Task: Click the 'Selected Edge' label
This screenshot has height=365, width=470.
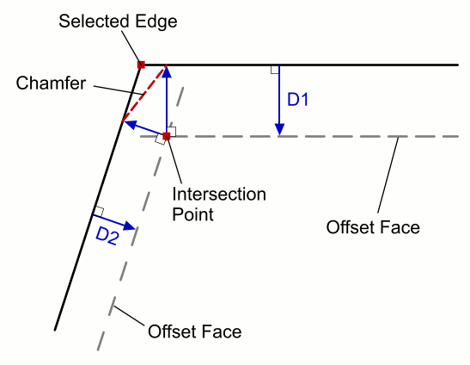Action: [x=118, y=22]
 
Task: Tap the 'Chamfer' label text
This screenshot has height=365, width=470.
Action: [x=51, y=83]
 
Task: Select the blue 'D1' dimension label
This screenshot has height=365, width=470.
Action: [x=297, y=100]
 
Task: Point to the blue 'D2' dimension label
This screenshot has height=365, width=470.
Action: [x=107, y=236]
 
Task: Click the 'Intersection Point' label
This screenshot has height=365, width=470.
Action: [x=219, y=204]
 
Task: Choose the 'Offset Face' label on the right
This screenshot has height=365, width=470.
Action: [x=373, y=227]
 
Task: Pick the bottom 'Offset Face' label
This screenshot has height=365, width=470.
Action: [x=195, y=331]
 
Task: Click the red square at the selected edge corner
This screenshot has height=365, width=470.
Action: [x=141, y=65]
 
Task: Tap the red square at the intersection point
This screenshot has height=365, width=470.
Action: [x=167, y=136]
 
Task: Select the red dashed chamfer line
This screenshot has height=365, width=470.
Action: [x=144, y=93]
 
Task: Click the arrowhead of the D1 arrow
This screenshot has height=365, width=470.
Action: [x=279, y=129]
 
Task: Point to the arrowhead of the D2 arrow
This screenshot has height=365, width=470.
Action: [x=130, y=226]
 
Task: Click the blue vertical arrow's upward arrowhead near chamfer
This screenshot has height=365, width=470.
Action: [x=167, y=71]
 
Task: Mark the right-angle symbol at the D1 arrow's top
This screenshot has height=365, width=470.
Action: [x=275, y=70]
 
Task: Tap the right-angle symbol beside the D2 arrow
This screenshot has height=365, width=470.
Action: [x=100, y=212]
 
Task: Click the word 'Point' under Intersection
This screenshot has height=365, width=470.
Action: [x=193, y=214]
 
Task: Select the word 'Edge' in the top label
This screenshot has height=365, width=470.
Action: [x=156, y=22]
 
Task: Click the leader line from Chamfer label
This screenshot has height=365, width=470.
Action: [x=118, y=90]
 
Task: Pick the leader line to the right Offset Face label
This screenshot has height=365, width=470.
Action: [x=388, y=175]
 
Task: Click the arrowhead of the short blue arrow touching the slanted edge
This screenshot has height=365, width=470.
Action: [x=129, y=124]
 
